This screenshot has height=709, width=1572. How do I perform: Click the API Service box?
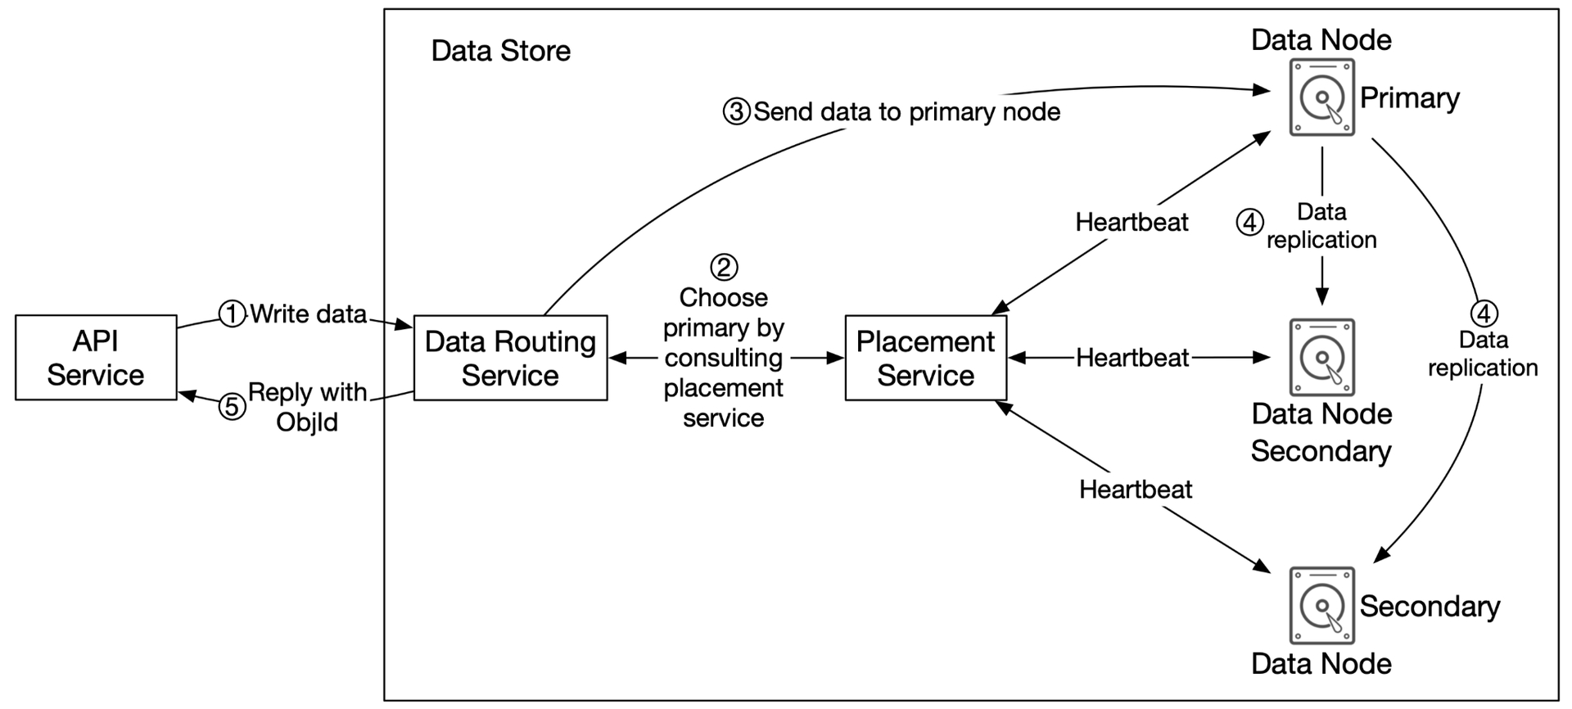[x=96, y=358]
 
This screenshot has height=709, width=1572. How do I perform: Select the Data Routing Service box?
[x=510, y=358]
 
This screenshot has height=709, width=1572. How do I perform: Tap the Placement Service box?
[x=925, y=358]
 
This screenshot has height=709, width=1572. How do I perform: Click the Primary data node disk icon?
[x=1321, y=97]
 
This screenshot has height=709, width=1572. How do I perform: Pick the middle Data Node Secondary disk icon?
[x=1321, y=358]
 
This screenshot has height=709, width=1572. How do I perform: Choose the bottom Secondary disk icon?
[x=1321, y=606]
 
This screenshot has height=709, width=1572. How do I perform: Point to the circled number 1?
[x=232, y=314]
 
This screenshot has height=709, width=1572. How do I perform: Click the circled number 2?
[x=724, y=267]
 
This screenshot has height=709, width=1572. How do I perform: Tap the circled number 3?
[x=736, y=111]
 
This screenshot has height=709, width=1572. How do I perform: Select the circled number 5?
[x=233, y=407]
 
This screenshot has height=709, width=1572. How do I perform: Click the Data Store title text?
[x=501, y=51]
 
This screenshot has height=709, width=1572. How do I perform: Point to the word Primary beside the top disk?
[x=1410, y=98]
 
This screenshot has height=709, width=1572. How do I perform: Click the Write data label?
[x=308, y=314]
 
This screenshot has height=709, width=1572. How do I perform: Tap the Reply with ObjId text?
[x=307, y=407]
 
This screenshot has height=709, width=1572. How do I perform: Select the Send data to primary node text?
[x=907, y=111]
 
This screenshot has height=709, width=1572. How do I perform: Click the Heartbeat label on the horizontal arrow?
[x=1132, y=358]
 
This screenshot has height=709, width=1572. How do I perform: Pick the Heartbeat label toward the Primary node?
[x=1132, y=222]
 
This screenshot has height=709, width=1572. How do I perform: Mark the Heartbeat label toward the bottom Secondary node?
[x=1136, y=490]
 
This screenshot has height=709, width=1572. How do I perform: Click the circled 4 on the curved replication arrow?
[x=1484, y=314]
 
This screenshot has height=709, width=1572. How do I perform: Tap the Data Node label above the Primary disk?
[x=1321, y=39]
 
